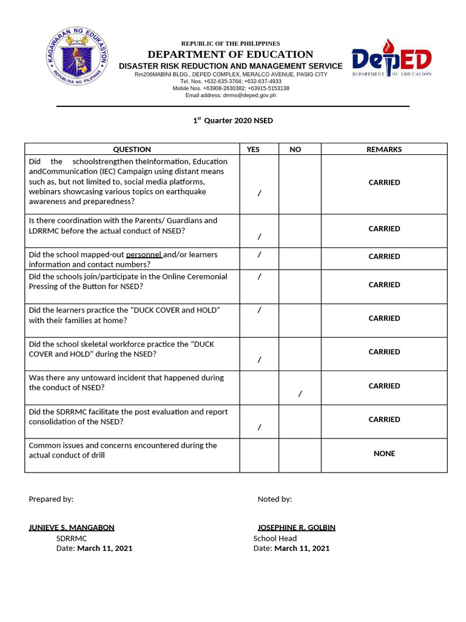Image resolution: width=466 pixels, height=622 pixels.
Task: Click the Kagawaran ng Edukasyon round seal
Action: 77,56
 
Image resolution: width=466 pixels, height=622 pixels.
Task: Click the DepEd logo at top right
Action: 391,58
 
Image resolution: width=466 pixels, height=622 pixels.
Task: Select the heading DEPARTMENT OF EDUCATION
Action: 231,55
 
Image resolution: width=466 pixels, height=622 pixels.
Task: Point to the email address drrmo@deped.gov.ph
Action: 231,95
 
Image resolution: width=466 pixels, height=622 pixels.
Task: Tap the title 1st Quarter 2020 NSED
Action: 233,120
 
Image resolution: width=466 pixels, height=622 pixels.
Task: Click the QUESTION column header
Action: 132,149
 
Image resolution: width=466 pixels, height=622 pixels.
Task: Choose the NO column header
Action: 295,149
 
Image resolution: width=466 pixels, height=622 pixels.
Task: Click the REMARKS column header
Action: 384,149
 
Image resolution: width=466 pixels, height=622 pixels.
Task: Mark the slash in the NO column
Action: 300,394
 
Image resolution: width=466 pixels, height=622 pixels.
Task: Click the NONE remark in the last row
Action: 384,454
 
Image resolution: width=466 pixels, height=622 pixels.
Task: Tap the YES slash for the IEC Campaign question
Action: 259,193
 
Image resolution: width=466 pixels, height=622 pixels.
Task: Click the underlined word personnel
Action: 144,255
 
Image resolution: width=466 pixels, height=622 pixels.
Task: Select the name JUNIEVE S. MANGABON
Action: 72,528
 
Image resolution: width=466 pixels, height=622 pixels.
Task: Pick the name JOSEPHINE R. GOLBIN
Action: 296,528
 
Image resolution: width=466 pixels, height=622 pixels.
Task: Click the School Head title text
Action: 275,538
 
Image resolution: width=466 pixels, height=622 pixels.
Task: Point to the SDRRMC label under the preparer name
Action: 72,538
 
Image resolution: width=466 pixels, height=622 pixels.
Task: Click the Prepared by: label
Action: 51,499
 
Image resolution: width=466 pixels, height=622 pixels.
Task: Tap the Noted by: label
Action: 274,499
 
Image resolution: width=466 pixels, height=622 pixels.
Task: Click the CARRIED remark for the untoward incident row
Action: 384,386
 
